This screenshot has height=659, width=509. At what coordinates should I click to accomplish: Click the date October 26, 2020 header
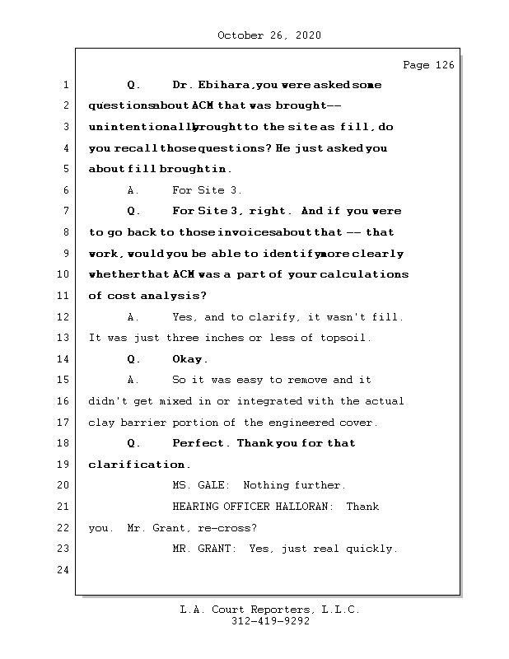point(269,35)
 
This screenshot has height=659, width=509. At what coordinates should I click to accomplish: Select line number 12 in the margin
point(65,317)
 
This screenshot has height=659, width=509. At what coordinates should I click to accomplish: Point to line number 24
point(65,570)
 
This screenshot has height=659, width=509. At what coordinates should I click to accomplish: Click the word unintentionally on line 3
point(142,127)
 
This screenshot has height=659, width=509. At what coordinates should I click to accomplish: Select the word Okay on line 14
point(189,359)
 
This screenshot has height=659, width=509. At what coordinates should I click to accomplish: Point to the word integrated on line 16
point(270,401)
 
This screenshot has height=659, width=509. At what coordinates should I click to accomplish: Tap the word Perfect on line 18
point(200,443)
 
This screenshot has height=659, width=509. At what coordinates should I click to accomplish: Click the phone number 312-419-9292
point(269,623)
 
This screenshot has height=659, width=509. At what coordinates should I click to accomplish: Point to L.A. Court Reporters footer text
point(269,610)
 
